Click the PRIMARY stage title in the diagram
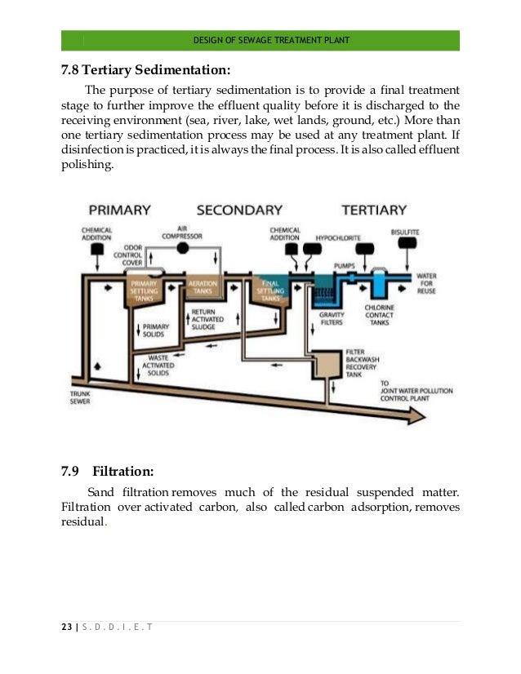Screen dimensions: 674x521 click(x=119, y=210)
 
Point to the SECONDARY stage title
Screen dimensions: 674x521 click(x=239, y=210)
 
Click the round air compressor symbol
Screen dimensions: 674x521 click(x=183, y=246)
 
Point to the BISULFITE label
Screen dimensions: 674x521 click(x=405, y=233)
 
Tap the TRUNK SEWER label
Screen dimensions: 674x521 click(x=80, y=397)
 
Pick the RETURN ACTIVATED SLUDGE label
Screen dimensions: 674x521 click(x=204, y=320)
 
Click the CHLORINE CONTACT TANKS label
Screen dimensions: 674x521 click(x=379, y=316)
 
